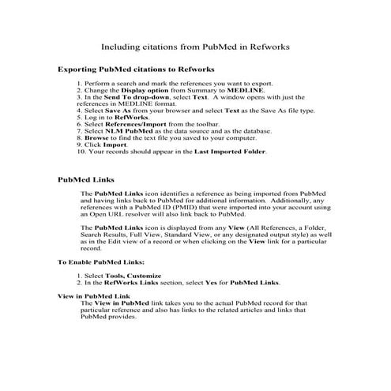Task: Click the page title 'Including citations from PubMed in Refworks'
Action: click(x=196, y=47)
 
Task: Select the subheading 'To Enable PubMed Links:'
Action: click(x=101, y=261)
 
